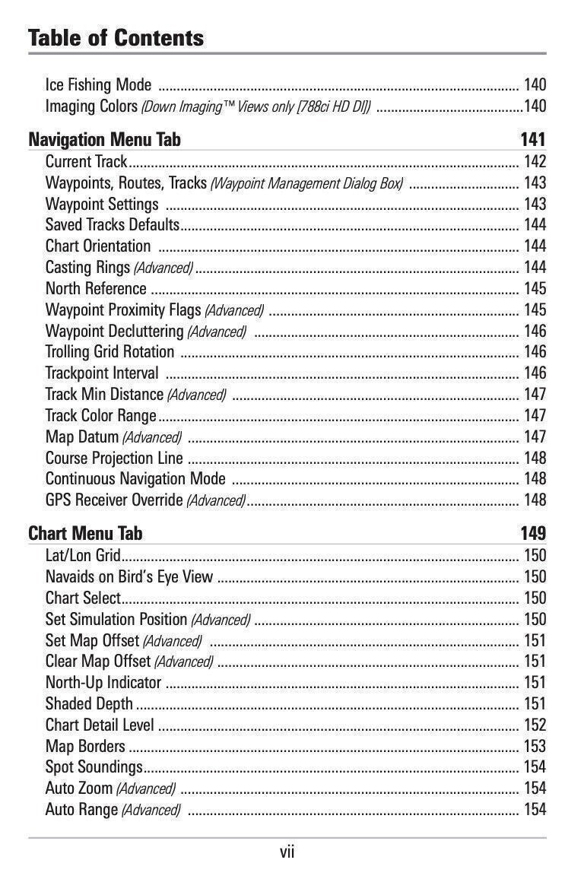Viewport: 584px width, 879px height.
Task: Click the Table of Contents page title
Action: click(116, 38)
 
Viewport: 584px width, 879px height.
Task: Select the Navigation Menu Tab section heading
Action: click(104, 140)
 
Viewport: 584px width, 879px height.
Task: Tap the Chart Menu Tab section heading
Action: click(85, 534)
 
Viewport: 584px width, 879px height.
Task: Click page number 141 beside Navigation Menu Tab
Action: click(532, 140)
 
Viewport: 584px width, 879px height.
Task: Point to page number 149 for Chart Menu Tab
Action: click(532, 534)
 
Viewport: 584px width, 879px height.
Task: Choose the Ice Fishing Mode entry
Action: click(98, 84)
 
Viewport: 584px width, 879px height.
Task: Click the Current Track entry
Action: click(86, 161)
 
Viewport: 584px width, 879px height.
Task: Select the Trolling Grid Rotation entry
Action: click(109, 352)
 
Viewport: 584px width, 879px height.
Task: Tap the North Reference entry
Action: click(96, 289)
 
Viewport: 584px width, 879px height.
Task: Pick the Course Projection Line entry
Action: click(114, 458)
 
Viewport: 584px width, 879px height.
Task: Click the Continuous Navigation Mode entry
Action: click(135, 479)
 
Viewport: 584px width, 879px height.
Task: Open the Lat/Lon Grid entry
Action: click(83, 556)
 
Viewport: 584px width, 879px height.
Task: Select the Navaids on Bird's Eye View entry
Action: click(129, 577)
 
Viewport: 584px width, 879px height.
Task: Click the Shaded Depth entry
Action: click(89, 704)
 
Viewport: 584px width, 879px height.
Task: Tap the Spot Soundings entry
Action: click(94, 767)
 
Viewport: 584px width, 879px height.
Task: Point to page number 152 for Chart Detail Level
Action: click(535, 725)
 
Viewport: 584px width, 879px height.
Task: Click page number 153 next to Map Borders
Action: click(535, 747)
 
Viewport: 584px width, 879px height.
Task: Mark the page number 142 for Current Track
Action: click(535, 161)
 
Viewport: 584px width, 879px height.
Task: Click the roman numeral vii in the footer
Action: click(287, 852)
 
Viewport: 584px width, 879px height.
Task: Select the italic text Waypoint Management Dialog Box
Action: click(306, 183)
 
